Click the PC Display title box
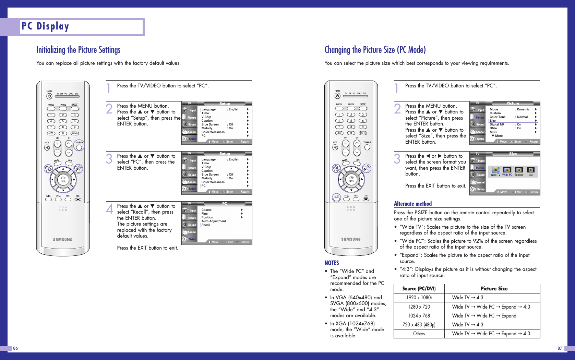pos(82,27)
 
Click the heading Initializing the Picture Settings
pos(78,50)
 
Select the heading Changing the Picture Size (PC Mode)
pos(375,50)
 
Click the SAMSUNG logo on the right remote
pos(351,239)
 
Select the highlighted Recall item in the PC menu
pos(225,225)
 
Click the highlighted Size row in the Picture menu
pos(513,121)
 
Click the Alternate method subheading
pos(413,204)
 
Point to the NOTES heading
pos(332,263)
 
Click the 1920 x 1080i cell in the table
pos(419,298)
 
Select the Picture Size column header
pos(494,289)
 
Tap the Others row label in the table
pos(419,334)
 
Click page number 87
pos(560,348)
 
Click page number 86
pos(15,348)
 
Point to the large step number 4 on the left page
pos(109,208)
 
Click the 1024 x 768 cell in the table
pos(419,316)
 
